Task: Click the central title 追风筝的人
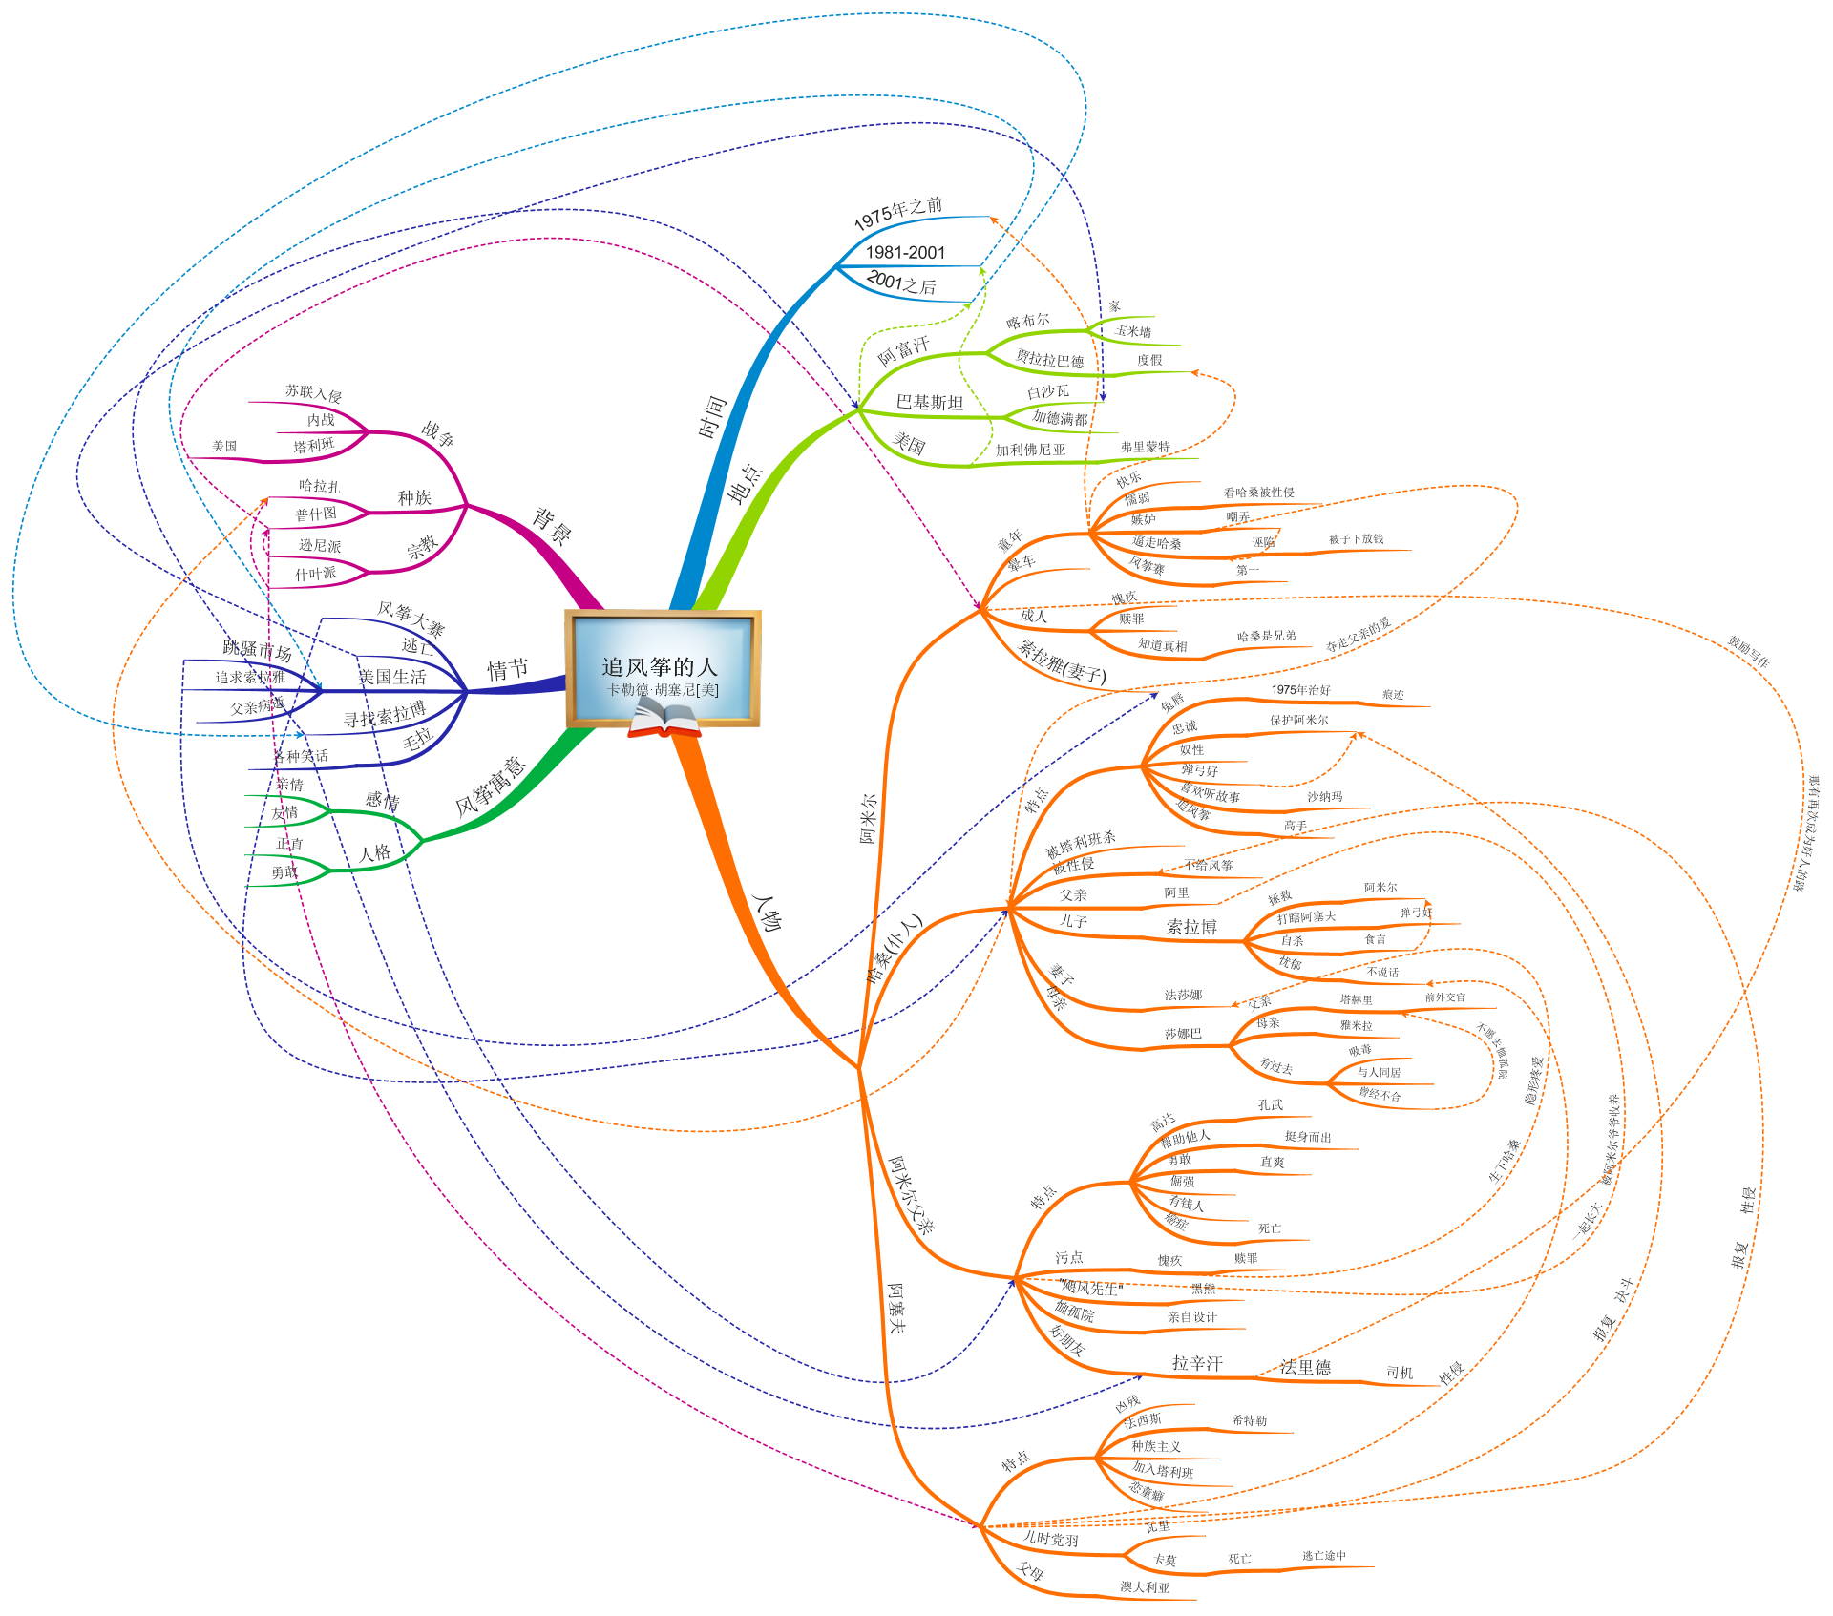pos(659,666)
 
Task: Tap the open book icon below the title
pos(664,718)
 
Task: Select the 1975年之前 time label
pos(897,213)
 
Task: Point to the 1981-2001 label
pos(905,253)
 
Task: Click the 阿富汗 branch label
pos(903,350)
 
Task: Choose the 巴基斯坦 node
pos(929,403)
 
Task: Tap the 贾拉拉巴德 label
pos(1049,359)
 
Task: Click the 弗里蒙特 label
pos(1145,447)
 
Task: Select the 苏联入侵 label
pos(313,392)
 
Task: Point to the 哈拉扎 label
pos(319,486)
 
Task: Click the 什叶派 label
pos(315,574)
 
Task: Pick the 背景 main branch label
pos(552,526)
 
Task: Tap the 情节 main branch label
pos(507,669)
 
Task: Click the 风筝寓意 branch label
pos(491,787)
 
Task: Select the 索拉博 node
pos(1191,927)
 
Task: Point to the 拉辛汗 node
pos(1197,1363)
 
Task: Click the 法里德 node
pos(1305,1367)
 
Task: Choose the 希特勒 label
pos(1249,1420)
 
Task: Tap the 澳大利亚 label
pos(1145,1587)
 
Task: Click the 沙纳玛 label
pos(1324,796)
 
